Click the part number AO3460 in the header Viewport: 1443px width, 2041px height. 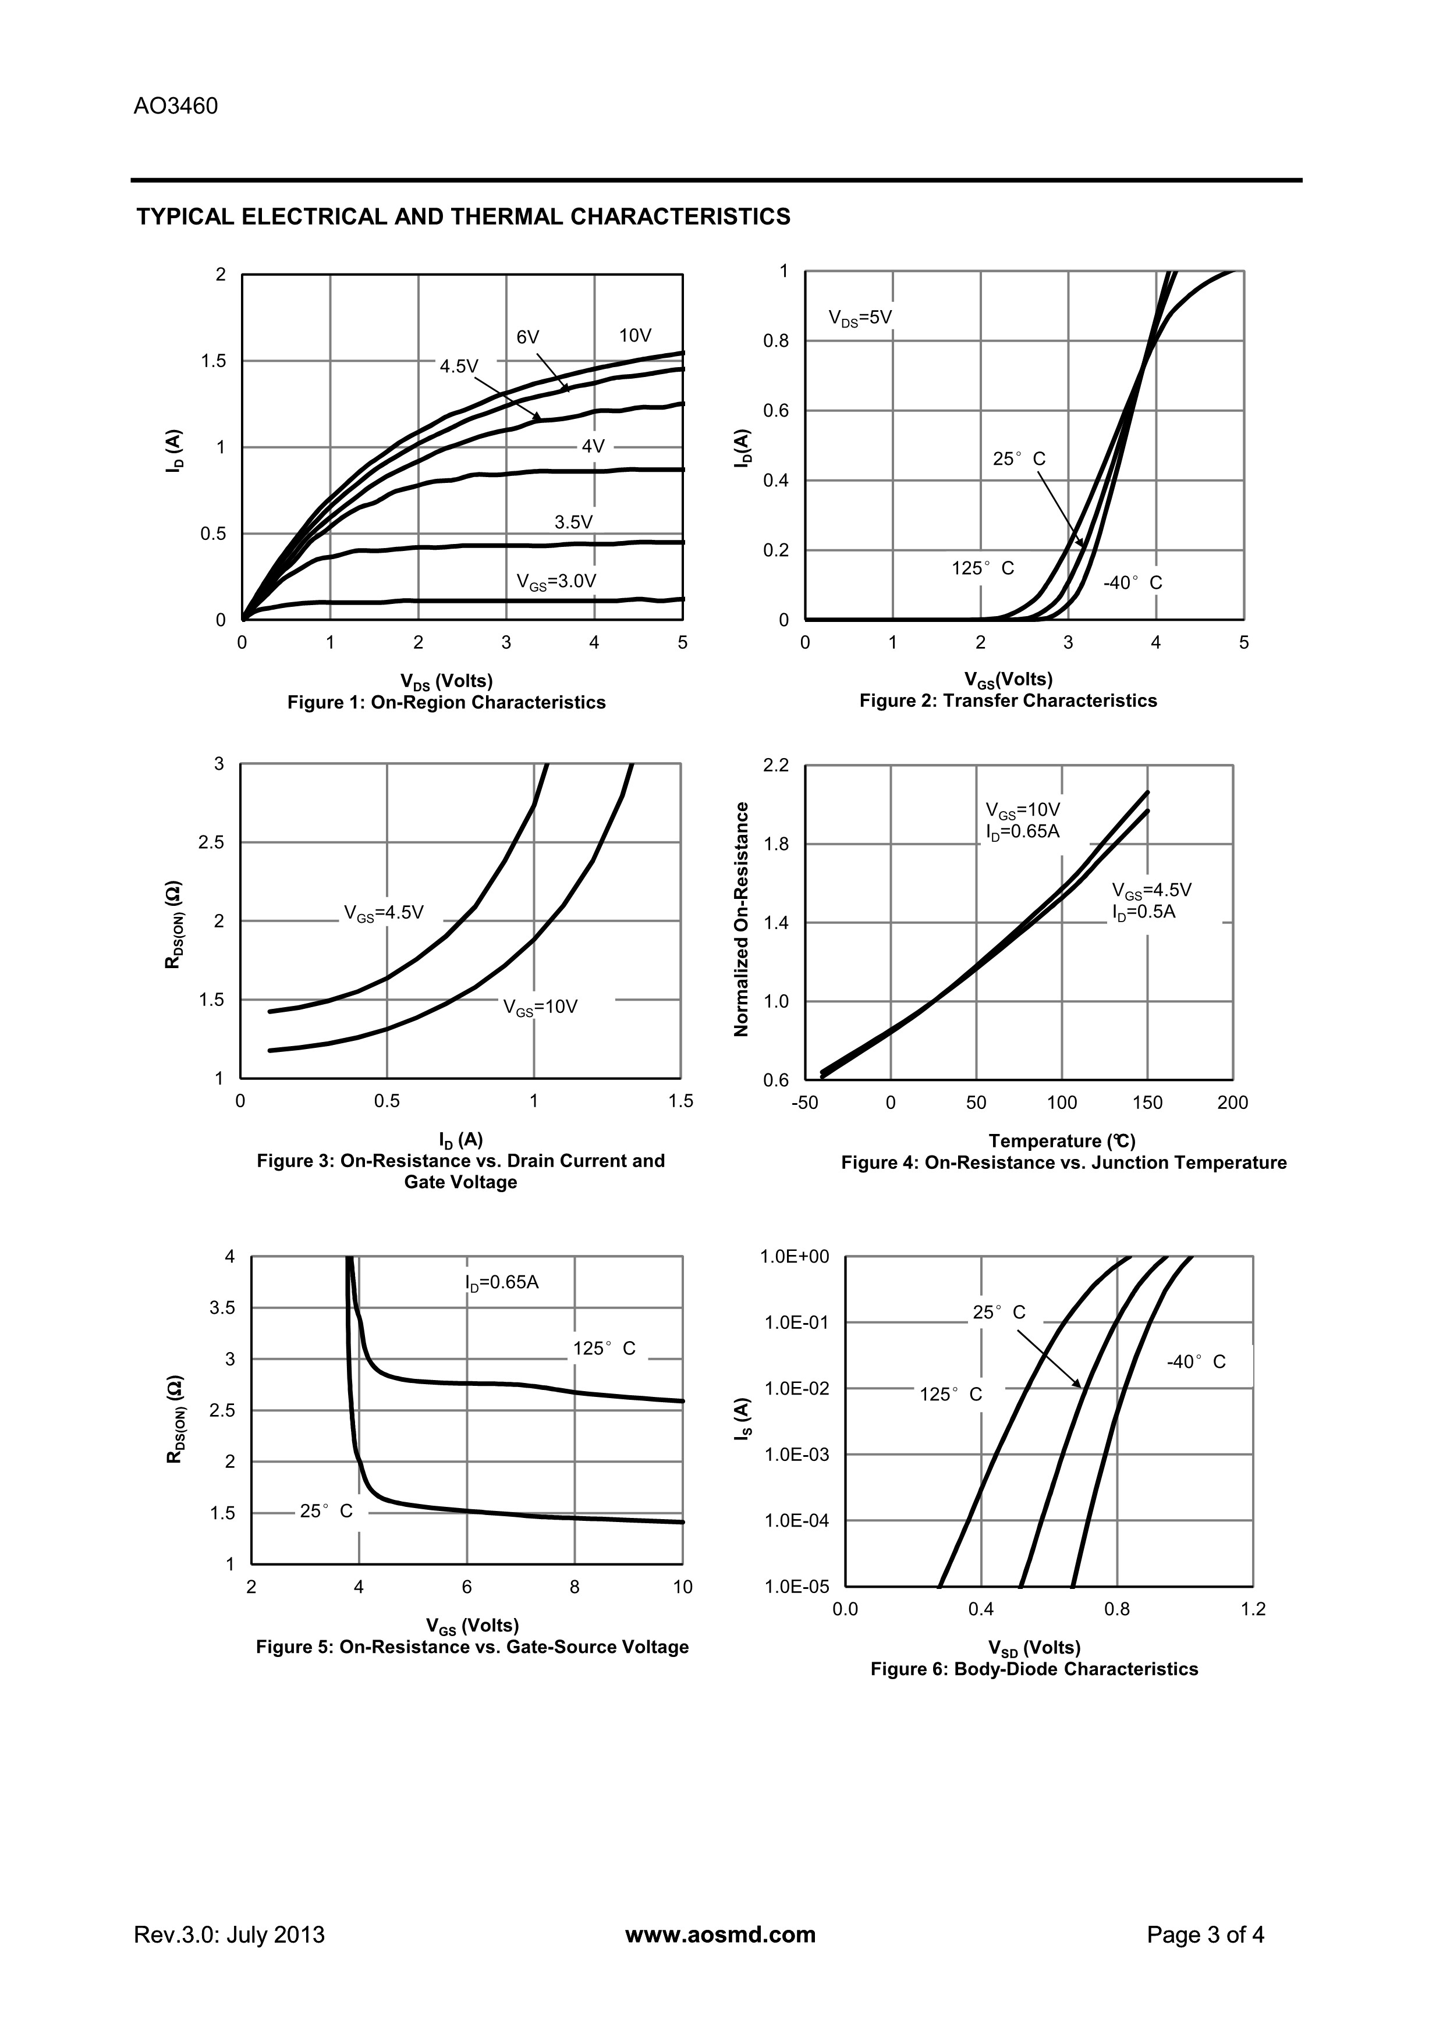tap(176, 106)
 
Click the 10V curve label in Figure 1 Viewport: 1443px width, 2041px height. tap(636, 335)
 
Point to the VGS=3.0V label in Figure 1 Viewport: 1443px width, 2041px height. tap(556, 581)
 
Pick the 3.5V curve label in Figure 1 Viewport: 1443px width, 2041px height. tap(573, 522)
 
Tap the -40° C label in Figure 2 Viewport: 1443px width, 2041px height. tap(1133, 583)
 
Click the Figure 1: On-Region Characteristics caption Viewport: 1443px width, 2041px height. tap(446, 702)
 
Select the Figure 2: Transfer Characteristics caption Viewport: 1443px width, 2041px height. tap(1008, 701)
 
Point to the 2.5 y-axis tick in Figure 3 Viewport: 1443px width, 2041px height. tap(212, 842)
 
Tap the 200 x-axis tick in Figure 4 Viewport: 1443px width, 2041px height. tap(1232, 1103)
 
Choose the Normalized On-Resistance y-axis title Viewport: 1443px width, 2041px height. tap(740, 919)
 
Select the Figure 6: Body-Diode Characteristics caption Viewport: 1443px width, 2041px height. tap(1034, 1669)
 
